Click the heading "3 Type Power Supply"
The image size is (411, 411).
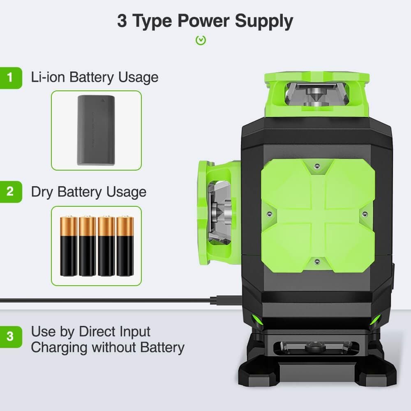[x=205, y=21]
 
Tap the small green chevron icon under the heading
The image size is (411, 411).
[x=201, y=40]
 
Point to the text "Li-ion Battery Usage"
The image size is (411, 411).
[x=95, y=77]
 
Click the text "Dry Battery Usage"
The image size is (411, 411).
[x=88, y=192]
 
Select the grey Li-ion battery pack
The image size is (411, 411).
[x=96, y=130]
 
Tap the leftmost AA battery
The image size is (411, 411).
[x=68, y=246]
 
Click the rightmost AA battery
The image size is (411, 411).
[x=125, y=246]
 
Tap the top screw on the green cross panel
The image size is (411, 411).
[x=316, y=166]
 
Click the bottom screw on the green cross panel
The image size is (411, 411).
[x=316, y=261]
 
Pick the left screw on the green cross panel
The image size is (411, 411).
[x=269, y=214]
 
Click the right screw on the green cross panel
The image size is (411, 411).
[x=365, y=214]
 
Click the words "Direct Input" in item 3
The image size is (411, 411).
[x=115, y=332]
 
